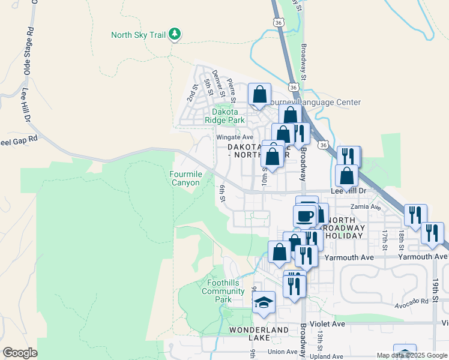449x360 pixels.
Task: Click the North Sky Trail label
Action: point(137,35)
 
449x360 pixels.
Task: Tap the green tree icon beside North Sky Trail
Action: point(175,34)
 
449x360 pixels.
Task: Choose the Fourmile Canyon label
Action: point(185,179)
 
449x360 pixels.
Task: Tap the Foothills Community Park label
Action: point(223,291)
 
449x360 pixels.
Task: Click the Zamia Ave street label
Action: point(367,207)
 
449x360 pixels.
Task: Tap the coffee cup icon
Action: point(305,215)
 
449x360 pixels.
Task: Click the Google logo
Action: point(20,353)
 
